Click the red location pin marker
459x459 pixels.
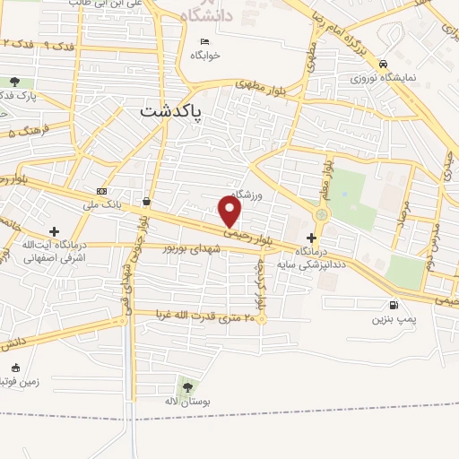click(230, 211)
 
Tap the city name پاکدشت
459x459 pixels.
click(171, 110)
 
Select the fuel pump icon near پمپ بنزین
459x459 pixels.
click(393, 304)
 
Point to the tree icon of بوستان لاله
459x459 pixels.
click(186, 387)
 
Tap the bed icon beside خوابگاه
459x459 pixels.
click(205, 40)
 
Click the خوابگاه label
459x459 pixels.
click(205, 55)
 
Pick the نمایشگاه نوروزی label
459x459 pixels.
click(384, 77)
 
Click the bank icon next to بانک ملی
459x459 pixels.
click(101, 191)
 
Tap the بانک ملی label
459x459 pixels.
click(100, 206)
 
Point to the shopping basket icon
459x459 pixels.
click(145, 202)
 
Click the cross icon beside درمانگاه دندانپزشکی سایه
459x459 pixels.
click(311, 238)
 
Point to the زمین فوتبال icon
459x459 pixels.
click(15, 368)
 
